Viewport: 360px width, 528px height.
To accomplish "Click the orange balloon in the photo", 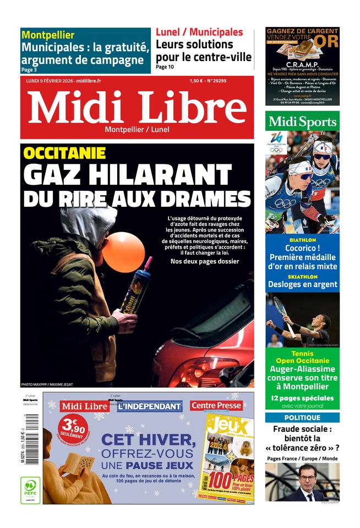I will click(123, 252).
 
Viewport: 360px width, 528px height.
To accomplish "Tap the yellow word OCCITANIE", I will click(64, 153).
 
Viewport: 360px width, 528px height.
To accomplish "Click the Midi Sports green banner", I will click(302, 122).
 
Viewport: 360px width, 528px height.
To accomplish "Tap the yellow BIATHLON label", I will click(302, 240).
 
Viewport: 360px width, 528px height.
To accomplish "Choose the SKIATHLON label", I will click(302, 277).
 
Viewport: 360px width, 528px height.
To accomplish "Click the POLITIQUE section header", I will click(302, 417).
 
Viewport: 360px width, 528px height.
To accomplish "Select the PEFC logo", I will click(30, 490).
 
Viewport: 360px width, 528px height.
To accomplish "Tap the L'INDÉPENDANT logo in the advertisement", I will click(149, 406).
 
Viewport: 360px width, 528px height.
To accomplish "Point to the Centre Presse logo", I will click(216, 406).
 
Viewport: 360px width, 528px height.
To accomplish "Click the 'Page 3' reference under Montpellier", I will click(29, 70).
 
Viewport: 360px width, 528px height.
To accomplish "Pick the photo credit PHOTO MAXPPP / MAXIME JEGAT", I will click(47, 384).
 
